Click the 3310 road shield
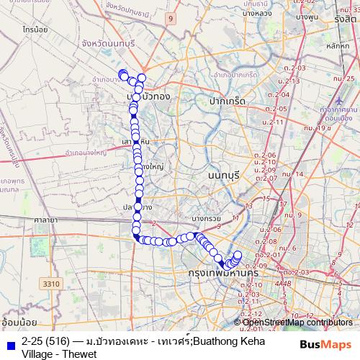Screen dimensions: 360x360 51,285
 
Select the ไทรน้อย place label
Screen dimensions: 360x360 35,32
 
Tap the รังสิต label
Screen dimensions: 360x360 346,20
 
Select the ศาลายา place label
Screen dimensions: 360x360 44,218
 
